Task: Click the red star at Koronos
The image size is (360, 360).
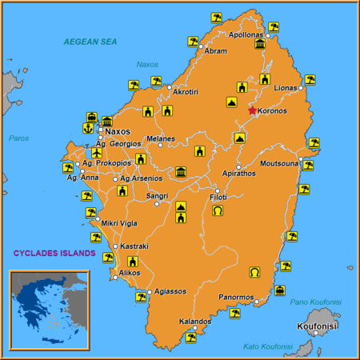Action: coord(253,110)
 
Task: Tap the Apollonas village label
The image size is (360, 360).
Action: coord(246,35)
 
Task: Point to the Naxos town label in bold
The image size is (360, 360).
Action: coord(118,131)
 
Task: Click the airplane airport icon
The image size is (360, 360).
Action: coord(97,153)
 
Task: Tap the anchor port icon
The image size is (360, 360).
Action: coord(88,127)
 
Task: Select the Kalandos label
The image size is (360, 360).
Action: coord(195,321)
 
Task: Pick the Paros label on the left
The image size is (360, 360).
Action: coord(18,138)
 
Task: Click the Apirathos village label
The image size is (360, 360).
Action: coord(238,172)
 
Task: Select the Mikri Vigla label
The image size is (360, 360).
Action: coord(118,223)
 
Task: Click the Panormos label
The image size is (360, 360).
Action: coord(237,297)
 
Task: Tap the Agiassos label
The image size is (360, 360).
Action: coord(170,291)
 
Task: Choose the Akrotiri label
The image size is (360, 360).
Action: coord(186,92)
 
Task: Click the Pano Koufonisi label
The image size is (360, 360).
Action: coord(315,302)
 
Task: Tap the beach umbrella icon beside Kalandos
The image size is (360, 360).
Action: coord(190,337)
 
